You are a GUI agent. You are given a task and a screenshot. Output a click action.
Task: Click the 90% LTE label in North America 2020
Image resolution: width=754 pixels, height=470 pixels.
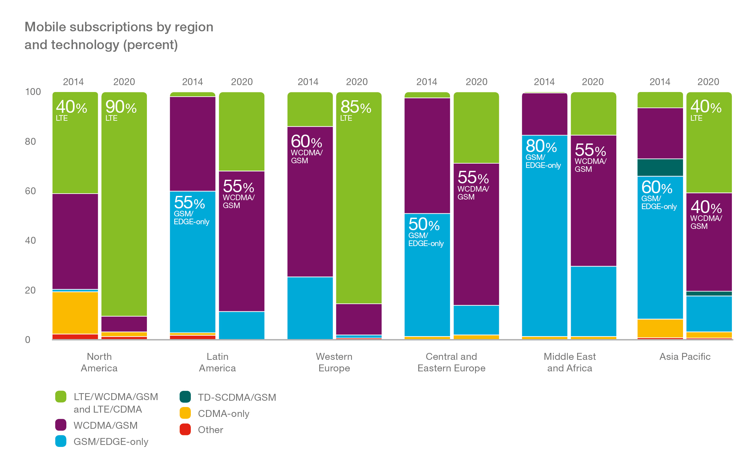tap(120, 110)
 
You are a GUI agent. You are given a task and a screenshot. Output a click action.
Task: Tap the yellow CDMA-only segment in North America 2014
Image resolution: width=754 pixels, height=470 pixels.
tap(75, 313)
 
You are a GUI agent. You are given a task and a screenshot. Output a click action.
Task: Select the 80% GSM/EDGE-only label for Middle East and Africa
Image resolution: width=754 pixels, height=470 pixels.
tap(543, 153)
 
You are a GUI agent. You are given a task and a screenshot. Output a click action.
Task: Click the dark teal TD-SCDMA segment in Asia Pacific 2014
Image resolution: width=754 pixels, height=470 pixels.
tap(660, 168)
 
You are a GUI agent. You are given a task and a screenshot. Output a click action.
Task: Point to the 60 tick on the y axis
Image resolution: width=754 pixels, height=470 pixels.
tap(30, 191)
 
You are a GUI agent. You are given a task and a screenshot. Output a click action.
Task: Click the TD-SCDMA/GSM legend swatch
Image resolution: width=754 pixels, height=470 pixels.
tap(185, 397)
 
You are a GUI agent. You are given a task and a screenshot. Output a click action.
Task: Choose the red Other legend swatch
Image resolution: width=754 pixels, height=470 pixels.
tap(185, 429)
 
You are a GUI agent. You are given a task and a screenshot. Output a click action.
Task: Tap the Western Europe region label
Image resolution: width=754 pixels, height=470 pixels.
tap(334, 362)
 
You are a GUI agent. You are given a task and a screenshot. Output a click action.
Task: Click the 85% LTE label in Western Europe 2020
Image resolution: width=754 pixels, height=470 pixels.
tap(356, 110)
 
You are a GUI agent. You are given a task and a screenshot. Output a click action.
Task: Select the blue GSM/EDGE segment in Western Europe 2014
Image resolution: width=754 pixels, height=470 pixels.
tap(310, 308)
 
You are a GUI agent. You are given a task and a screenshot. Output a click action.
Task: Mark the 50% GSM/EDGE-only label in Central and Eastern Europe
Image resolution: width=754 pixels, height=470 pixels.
tap(426, 231)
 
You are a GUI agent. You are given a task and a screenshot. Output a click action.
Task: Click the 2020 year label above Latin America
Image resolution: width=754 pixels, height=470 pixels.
tap(242, 82)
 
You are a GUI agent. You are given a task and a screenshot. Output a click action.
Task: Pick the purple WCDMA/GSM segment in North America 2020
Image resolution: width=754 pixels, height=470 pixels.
tap(124, 324)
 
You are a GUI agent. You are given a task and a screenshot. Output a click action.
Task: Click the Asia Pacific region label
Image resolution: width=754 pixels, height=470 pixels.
tap(685, 357)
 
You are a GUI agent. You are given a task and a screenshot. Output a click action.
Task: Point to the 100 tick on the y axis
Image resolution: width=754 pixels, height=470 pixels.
tap(33, 92)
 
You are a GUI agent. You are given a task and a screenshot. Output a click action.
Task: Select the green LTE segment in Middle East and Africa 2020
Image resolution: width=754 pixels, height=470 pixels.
tap(593, 114)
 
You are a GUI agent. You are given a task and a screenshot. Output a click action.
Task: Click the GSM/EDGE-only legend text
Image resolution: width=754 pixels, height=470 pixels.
tap(111, 442)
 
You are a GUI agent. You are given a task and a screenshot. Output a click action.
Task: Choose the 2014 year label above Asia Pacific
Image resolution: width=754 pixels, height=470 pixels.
tap(660, 82)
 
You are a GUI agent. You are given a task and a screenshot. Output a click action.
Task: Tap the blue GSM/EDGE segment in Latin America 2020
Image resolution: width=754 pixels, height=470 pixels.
tap(242, 325)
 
